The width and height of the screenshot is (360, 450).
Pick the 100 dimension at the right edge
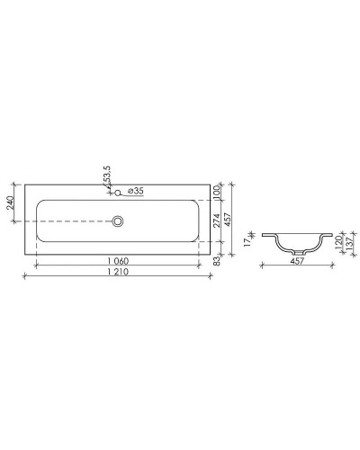tap(217, 189)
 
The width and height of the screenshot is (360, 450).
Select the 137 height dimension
tap(347, 246)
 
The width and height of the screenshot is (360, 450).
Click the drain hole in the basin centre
tap(117, 220)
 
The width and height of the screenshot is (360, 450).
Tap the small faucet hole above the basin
tap(117, 192)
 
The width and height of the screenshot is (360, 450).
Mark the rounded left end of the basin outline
tap(37, 220)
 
